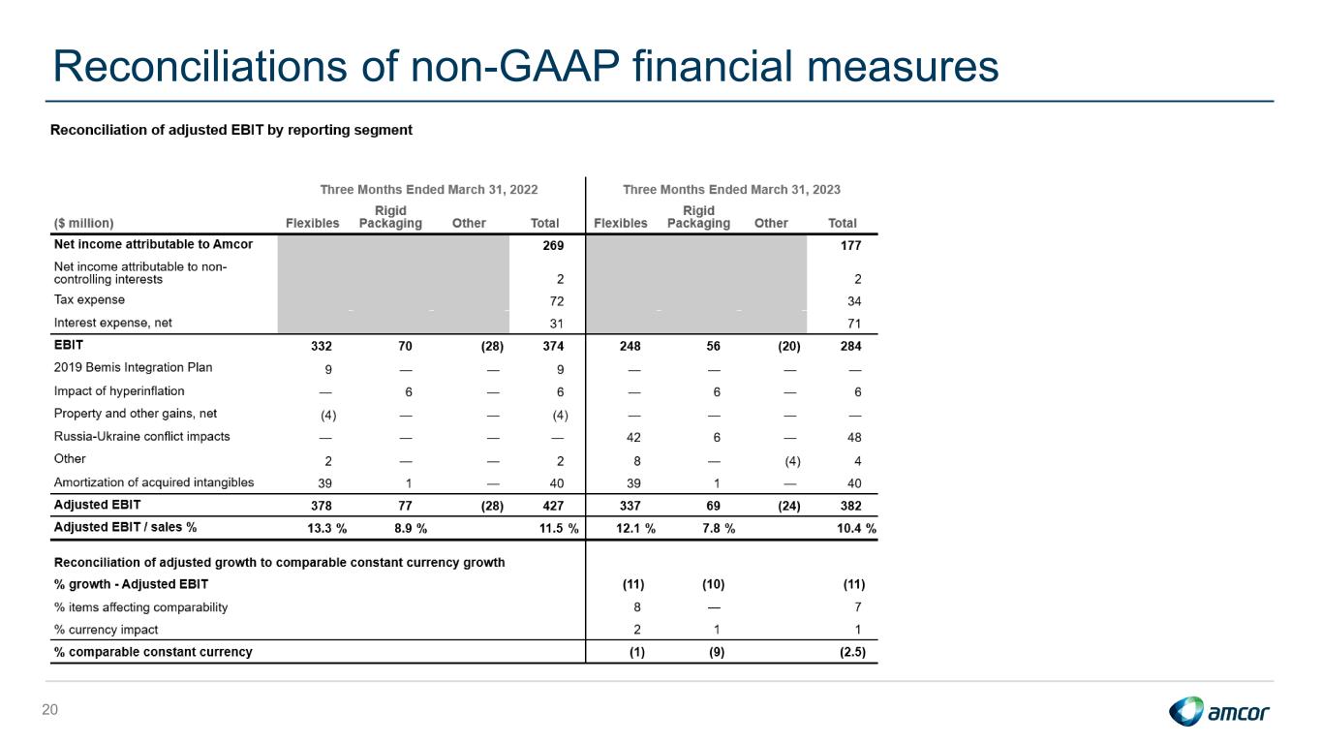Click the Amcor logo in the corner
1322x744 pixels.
click(x=1218, y=711)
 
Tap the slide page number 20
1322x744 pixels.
click(x=49, y=710)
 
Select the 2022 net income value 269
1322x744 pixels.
click(x=553, y=246)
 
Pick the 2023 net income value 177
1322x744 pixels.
click(x=850, y=246)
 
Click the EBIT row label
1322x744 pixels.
click(x=69, y=345)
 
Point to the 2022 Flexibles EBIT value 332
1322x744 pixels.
click(x=322, y=346)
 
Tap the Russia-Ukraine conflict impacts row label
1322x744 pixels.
click(x=141, y=436)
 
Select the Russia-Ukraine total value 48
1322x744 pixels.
click(x=854, y=438)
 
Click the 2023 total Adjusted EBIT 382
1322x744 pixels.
click(x=850, y=506)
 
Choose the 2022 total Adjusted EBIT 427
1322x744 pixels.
click(x=553, y=506)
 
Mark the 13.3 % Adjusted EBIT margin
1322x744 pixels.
click(x=327, y=529)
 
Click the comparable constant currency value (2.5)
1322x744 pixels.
click(x=853, y=652)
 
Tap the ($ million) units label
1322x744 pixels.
click(x=84, y=223)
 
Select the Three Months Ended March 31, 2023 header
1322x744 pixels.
click(x=731, y=190)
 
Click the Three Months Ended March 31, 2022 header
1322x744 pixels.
click(x=429, y=190)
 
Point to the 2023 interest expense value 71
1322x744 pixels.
click(x=854, y=324)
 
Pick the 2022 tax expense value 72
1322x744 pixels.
click(x=557, y=301)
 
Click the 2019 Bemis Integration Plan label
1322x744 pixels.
click(x=133, y=367)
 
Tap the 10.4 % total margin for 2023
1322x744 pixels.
click(x=856, y=529)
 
